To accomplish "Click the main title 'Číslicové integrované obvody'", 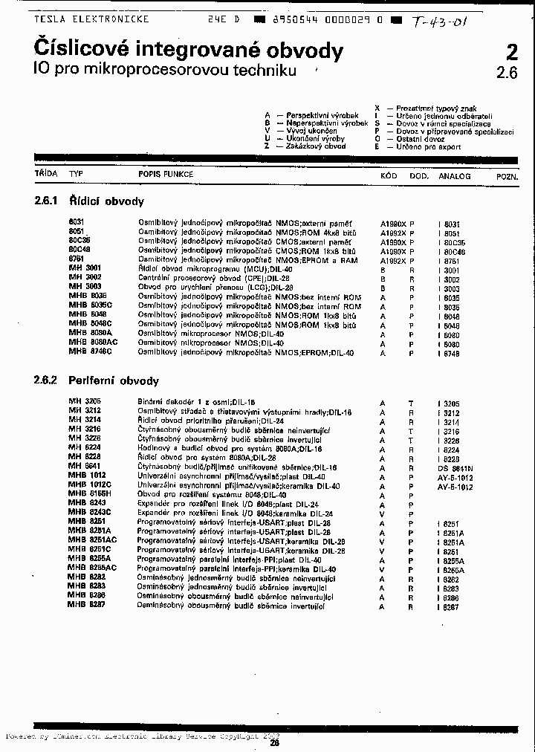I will [x=189, y=51].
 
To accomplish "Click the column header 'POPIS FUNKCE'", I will [x=166, y=175].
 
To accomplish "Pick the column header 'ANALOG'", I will [x=455, y=176].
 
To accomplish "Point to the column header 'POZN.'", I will [x=508, y=177].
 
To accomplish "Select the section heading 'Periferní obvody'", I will [x=114, y=381].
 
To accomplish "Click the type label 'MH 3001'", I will [x=85, y=268].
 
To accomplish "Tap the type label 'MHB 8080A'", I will [x=91, y=334].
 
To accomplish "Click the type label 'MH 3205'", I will [x=85, y=402].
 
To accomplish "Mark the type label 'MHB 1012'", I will [x=87, y=475].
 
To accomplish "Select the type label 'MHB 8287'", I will [x=87, y=606].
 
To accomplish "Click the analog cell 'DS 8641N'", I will [x=455, y=468].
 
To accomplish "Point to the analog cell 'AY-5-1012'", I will [x=455, y=477].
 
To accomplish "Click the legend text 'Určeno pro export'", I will [x=429, y=147].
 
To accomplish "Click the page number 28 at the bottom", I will [x=274, y=742].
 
